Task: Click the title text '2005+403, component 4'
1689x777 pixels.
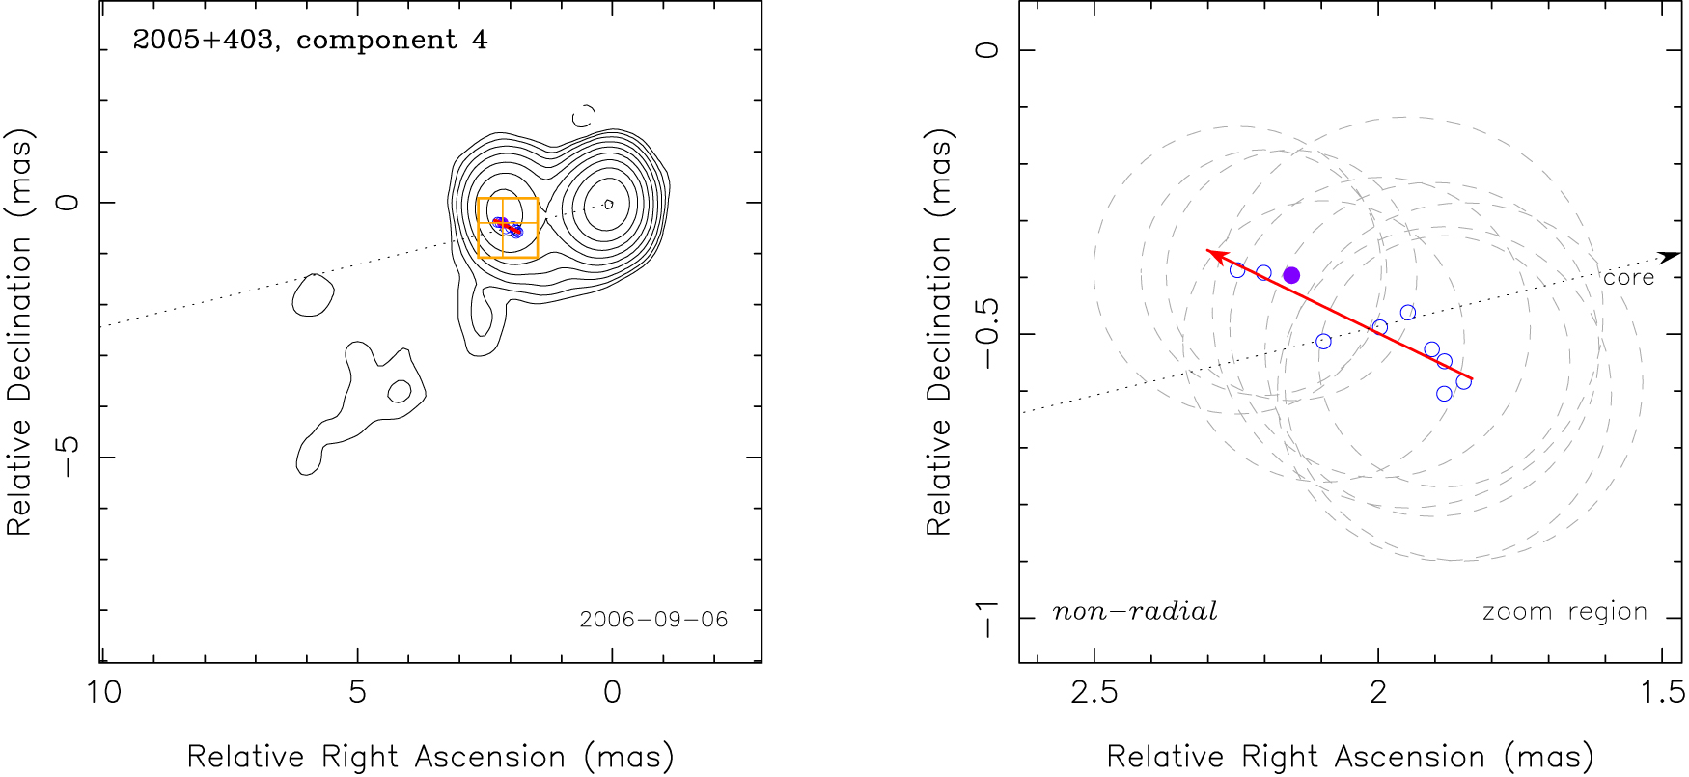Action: [x=310, y=41]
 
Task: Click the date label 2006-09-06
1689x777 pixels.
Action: [x=653, y=620]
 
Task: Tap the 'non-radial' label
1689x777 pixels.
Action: [x=1134, y=612]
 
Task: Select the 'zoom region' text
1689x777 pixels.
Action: [x=1564, y=612]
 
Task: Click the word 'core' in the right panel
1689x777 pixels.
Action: [x=1628, y=278]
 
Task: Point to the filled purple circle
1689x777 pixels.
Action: [x=1291, y=275]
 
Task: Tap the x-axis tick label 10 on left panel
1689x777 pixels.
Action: [x=104, y=693]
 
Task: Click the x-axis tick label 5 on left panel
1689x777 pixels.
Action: [x=358, y=693]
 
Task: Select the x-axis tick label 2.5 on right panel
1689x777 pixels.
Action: [x=1094, y=693]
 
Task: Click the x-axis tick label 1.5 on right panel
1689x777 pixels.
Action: [x=1662, y=693]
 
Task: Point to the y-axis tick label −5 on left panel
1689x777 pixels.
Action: [x=68, y=457]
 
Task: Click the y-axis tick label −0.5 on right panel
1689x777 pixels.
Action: [x=986, y=333]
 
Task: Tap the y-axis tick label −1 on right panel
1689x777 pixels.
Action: [x=986, y=618]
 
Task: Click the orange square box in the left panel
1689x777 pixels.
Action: [x=508, y=228]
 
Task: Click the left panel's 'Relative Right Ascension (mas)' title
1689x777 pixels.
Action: [x=430, y=757]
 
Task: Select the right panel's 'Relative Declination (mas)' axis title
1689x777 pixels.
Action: [x=939, y=332]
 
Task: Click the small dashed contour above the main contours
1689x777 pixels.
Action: [x=583, y=117]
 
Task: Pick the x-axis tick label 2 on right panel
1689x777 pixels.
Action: [x=1377, y=693]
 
